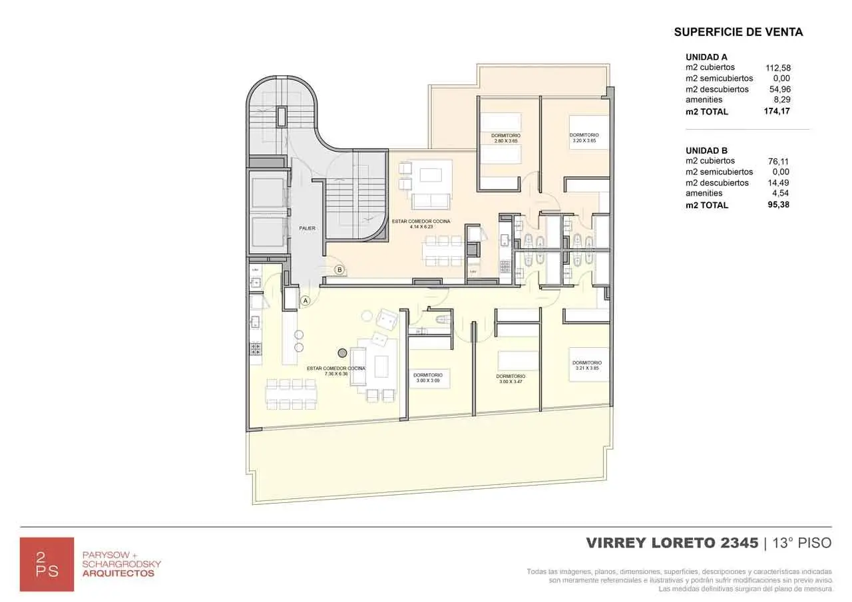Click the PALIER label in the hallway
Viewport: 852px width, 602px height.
coord(307,228)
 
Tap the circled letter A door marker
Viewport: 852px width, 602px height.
coord(306,301)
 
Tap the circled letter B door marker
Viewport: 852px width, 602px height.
coord(339,269)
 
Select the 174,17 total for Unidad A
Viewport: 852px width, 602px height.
coord(777,111)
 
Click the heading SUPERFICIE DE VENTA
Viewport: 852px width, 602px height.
coord(738,32)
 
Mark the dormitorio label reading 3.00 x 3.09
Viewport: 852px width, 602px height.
coord(427,378)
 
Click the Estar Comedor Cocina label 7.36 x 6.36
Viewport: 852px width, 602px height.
coord(335,371)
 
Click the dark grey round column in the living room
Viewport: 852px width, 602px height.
coord(342,353)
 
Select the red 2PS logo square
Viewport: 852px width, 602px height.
coord(47,563)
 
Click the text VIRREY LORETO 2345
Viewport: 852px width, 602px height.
coord(672,543)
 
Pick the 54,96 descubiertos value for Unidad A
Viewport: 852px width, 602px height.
coord(779,89)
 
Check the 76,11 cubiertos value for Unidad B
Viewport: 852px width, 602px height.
coord(779,161)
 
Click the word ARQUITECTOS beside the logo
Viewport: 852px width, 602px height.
coord(118,573)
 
